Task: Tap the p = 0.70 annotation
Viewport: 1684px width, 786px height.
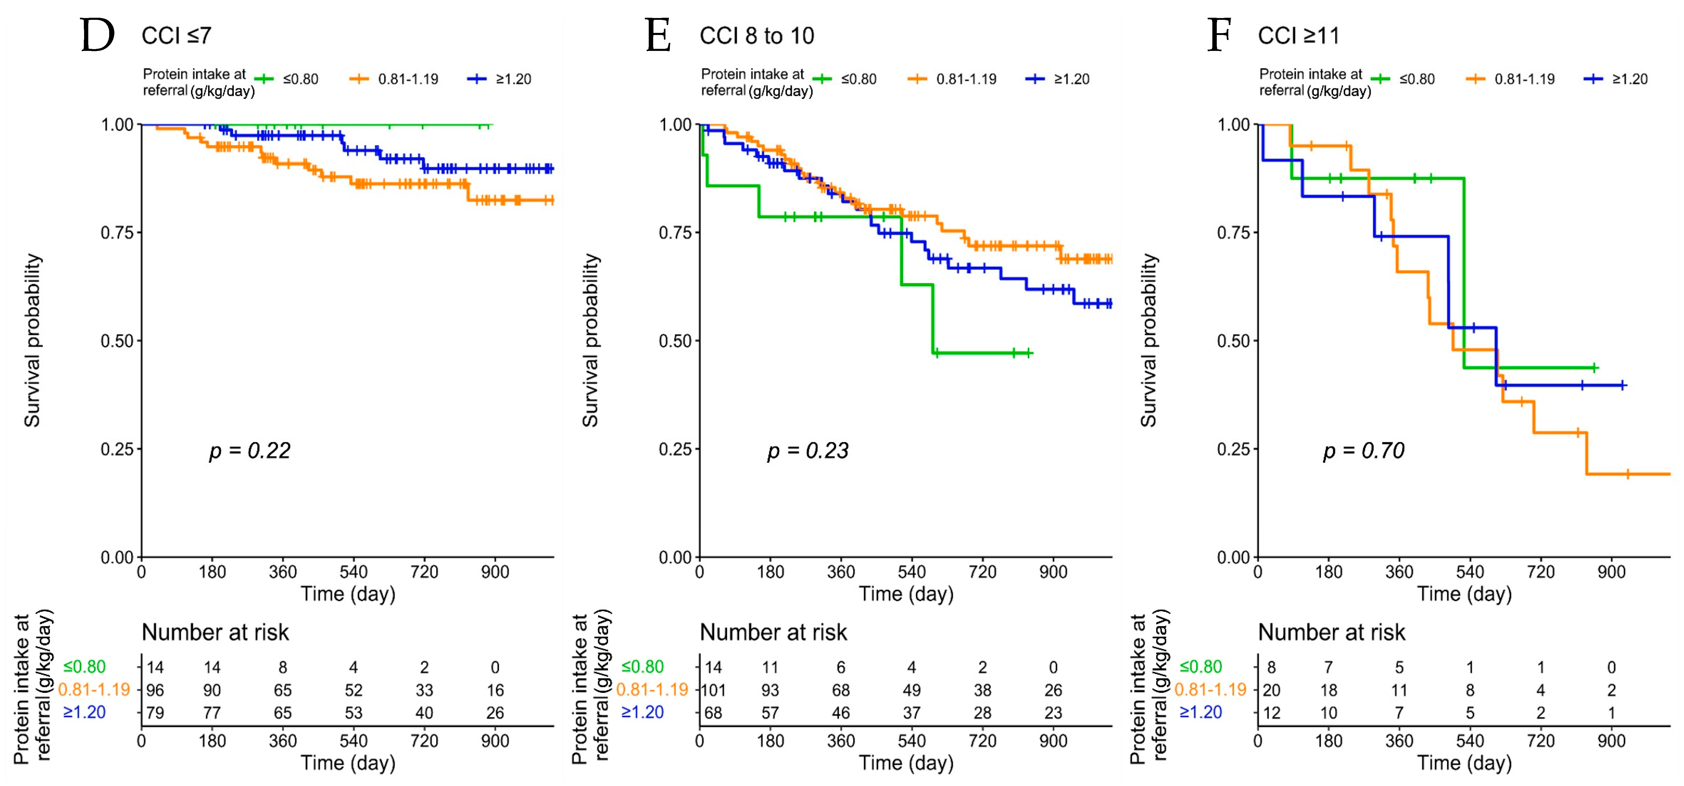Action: tap(1364, 451)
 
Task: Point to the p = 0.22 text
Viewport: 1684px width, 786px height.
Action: tap(250, 451)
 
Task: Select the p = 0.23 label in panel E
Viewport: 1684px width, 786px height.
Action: tap(808, 451)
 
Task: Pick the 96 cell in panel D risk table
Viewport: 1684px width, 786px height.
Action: tap(155, 690)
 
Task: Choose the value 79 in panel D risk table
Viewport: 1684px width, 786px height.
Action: tap(155, 713)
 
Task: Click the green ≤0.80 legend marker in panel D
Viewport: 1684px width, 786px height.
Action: tap(264, 79)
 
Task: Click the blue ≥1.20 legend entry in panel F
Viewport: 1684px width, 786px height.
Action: tap(1616, 79)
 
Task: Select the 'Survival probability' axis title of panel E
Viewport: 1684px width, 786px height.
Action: tap(590, 340)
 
